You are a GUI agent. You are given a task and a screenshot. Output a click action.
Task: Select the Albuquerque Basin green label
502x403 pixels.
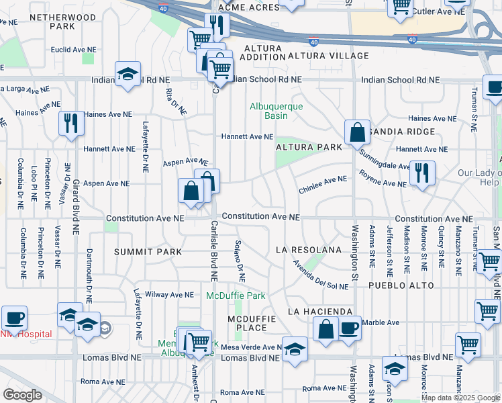(277, 111)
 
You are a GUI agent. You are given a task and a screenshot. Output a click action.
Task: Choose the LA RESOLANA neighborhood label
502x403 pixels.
(309, 250)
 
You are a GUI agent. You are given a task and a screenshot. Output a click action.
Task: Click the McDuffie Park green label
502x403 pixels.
(236, 296)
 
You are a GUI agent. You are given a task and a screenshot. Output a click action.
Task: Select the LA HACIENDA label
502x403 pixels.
(320, 312)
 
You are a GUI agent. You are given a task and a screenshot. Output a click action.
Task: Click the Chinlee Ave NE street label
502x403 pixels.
(323, 180)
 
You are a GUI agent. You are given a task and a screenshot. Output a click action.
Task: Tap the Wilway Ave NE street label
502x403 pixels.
(166, 294)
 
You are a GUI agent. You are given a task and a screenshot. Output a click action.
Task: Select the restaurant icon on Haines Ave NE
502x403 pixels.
(71, 124)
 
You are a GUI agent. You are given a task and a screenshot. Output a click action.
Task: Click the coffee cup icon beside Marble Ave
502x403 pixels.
(348, 328)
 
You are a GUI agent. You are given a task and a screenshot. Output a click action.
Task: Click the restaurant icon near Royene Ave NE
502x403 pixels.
(422, 173)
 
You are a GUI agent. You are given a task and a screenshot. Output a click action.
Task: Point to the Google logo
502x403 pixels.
(22, 395)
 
